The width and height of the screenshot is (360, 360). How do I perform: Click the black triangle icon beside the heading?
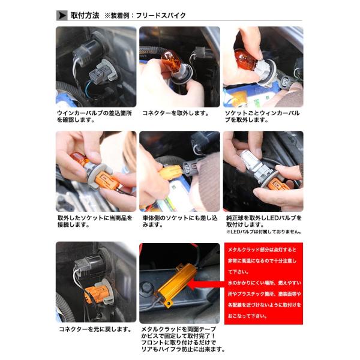pyautogui.click(x=62, y=16)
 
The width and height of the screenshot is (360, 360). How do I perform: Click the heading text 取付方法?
pyautogui.click(x=85, y=16)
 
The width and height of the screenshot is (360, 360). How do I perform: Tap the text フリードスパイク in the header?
pyautogui.click(x=161, y=16)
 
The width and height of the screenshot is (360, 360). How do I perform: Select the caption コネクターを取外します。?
pyautogui.click(x=176, y=113)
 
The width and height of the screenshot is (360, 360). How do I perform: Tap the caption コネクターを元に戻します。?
pyautogui.click(x=95, y=329)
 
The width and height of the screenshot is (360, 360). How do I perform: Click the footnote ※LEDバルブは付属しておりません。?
pyautogui.click(x=264, y=232)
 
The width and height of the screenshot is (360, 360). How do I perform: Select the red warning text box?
pyautogui.click(x=263, y=283)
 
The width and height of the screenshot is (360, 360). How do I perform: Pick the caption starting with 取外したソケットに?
pyautogui.click(x=95, y=221)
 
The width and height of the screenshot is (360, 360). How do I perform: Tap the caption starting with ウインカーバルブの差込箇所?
pyautogui.click(x=94, y=116)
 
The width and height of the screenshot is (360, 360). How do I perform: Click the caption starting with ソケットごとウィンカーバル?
pyautogui.click(x=262, y=116)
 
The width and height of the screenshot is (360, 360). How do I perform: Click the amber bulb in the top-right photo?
pyautogui.click(x=244, y=59)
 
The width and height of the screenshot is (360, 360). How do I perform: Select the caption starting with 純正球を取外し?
pyautogui.click(x=264, y=221)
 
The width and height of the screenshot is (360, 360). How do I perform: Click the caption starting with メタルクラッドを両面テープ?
pyautogui.click(x=183, y=339)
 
